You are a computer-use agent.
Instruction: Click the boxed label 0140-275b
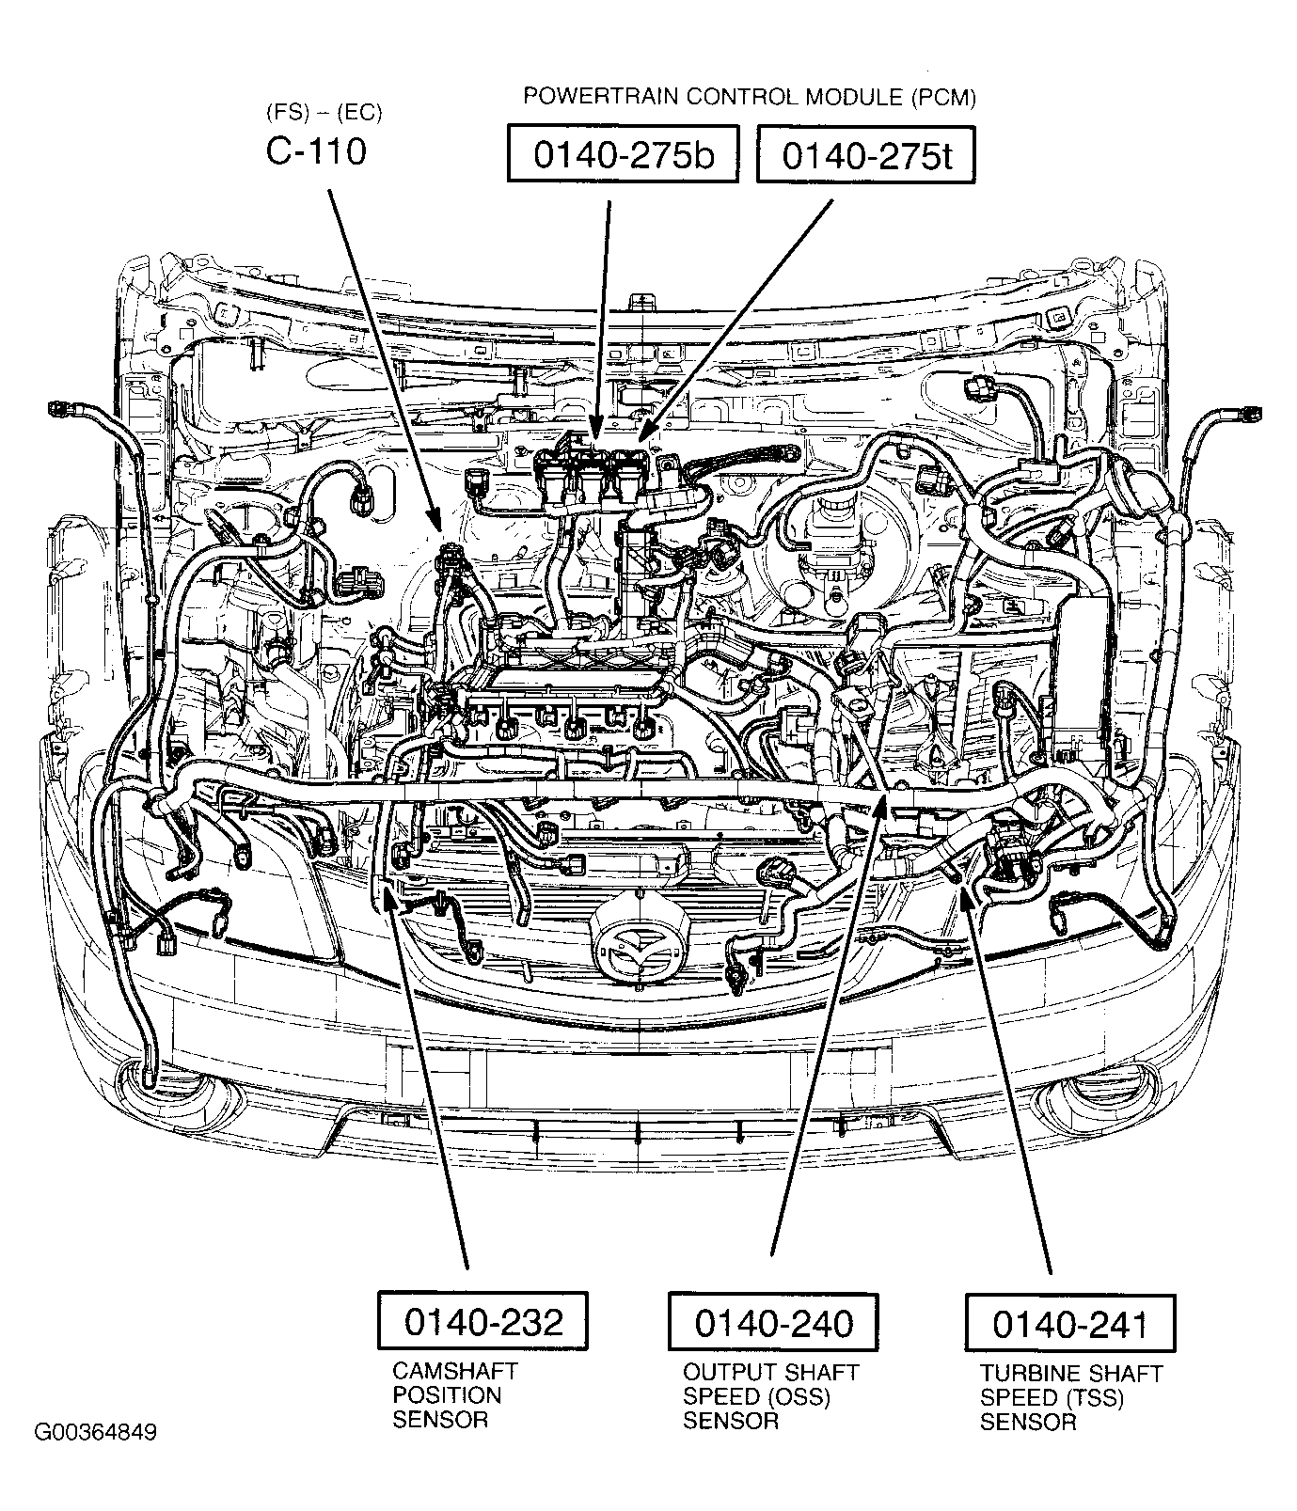coord(623,155)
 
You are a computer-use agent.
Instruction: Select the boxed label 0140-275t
coord(865,155)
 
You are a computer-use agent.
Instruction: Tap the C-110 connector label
coord(316,150)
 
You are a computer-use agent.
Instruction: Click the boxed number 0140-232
coord(482,1321)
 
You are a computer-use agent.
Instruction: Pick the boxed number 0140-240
coord(773,1321)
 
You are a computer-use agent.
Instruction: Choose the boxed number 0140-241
coord(1070,1324)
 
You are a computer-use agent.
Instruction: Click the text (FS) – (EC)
coord(324,114)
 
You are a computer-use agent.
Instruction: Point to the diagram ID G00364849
coord(95,1433)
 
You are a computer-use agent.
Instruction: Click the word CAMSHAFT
coord(455,1371)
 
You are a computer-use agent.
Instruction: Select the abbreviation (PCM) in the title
coord(942,96)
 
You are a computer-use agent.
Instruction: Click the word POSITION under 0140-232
coord(447,1395)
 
